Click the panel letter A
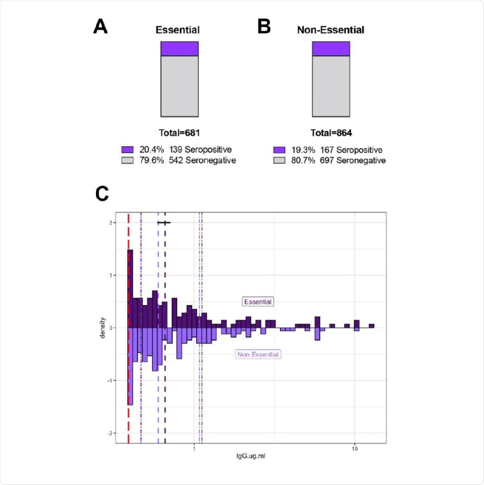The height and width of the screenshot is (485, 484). tap(100, 27)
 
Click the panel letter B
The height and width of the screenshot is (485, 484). tap(264, 27)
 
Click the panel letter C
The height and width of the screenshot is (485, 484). tap(102, 194)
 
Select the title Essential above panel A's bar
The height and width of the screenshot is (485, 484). tap(177, 30)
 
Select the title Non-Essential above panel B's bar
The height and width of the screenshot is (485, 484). tap(330, 30)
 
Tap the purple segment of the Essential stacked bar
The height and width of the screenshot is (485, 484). tap(179, 49)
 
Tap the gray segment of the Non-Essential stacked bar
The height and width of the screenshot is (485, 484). tap(331, 86)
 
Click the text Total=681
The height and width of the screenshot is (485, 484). tap(179, 133)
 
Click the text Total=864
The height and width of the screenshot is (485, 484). tap(331, 133)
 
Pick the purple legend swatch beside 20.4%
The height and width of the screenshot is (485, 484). tap(127, 150)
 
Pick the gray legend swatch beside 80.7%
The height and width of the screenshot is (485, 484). tap(279, 161)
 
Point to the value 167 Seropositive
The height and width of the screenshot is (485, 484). tap(351, 150)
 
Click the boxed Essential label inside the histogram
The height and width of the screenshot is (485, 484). tap(258, 302)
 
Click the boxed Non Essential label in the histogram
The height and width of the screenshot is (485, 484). tap(258, 354)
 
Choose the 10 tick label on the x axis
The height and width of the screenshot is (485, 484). tap(354, 449)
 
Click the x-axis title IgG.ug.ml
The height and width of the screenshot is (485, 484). tap(250, 456)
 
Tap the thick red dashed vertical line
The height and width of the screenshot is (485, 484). tap(128, 403)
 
